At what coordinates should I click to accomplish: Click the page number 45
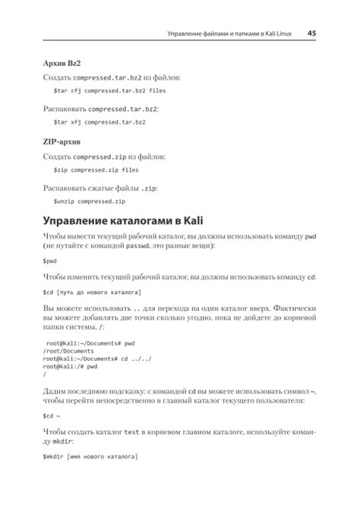[x=311, y=33]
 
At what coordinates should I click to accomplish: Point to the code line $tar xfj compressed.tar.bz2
[x=99, y=121]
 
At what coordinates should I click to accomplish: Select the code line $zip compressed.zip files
[x=96, y=171]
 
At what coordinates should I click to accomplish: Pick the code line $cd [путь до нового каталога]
[x=91, y=292]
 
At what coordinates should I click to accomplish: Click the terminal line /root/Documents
[x=68, y=351]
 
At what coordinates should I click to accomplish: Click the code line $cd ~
[x=51, y=416]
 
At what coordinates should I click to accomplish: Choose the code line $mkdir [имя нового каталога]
[x=90, y=457]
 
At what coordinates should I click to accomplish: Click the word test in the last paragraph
[x=132, y=431]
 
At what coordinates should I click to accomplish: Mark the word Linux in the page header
[x=282, y=33]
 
